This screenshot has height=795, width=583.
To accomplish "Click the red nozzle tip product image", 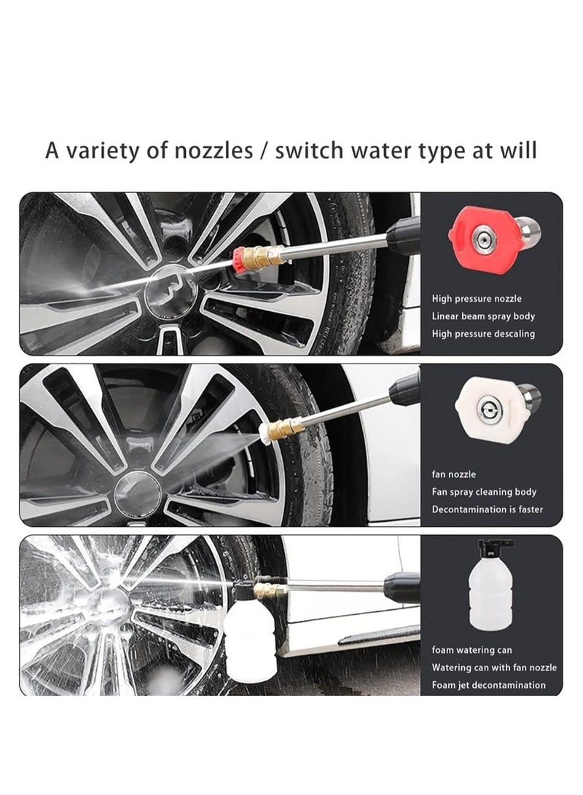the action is [x=494, y=239].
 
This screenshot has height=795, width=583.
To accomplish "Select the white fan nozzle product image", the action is [x=497, y=406].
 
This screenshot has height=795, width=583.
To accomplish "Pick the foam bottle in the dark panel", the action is [x=491, y=586].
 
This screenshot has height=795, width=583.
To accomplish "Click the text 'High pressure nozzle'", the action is [x=477, y=299].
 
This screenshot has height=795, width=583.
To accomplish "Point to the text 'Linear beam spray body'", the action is [x=483, y=316].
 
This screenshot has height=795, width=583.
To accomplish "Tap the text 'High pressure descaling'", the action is [x=483, y=334].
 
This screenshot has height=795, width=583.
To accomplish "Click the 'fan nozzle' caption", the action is [x=454, y=474].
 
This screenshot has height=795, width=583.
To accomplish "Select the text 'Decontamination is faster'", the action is [x=488, y=509].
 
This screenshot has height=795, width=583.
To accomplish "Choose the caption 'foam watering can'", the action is [x=472, y=650].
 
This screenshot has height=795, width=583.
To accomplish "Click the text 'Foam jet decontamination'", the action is [x=489, y=685].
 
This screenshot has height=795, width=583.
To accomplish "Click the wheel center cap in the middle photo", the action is [x=138, y=493].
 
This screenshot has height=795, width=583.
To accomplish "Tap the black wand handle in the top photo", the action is [x=404, y=235].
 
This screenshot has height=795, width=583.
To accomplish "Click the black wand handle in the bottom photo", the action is [x=402, y=587].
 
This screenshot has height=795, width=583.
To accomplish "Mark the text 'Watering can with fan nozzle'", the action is [x=494, y=667].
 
